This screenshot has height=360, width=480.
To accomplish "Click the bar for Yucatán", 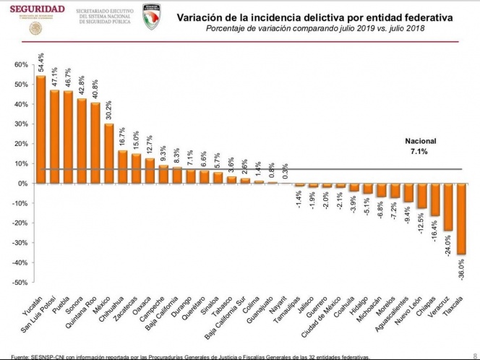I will coord(40,129).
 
